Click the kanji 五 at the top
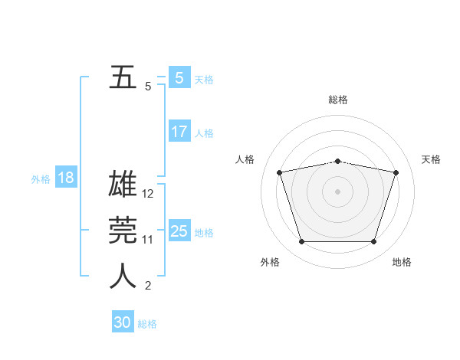(x=123, y=78)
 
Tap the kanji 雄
(x=123, y=186)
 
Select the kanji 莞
(x=123, y=231)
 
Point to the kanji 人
(x=123, y=277)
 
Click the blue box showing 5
(x=179, y=78)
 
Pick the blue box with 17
(x=179, y=132)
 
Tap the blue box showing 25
(x=179, y=231)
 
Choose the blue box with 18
(x=65, y=178)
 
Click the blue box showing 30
(x=123, y=322)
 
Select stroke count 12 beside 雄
(x=148, y=194)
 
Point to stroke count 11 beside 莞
(x=148, y=240)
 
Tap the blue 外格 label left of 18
(x=41, y=179)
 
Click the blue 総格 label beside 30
(x=147, y=324)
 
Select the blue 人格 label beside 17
(x=204, y=133)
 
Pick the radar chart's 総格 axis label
(x=337, y=100)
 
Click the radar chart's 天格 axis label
(x=432, y=159)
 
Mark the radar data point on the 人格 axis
(x=280, y=172)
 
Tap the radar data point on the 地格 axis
(x=373, y=242)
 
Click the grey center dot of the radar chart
(x=337, y=191)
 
